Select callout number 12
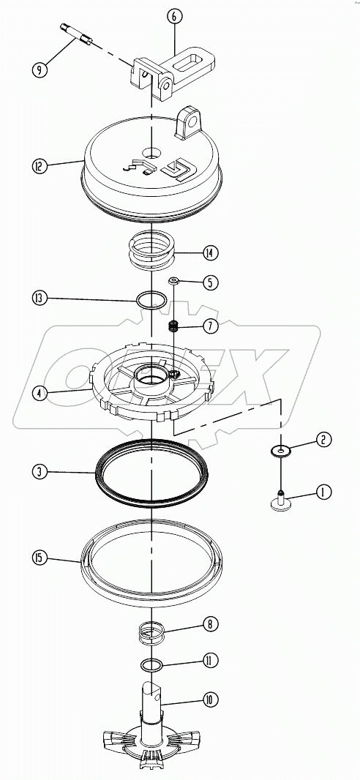click(40, 166)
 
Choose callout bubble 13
click(40, 298)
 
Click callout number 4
click(40, 392)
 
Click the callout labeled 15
click(40, 558)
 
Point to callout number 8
click(211, 624)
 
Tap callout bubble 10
click(211, 700)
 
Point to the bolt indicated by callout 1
click(280, 500)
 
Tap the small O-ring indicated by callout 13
click(151, 299)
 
